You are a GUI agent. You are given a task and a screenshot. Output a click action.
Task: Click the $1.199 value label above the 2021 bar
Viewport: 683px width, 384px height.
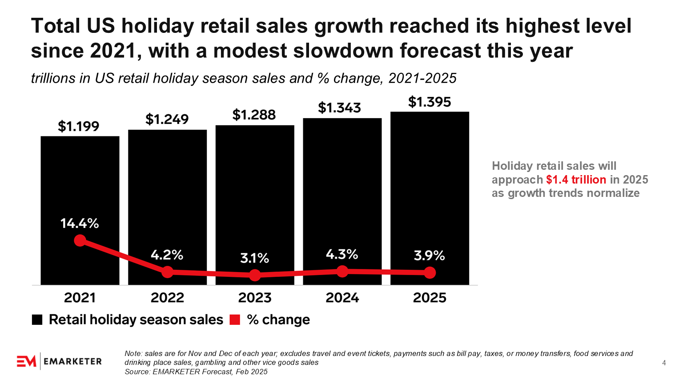(x=79, y=127)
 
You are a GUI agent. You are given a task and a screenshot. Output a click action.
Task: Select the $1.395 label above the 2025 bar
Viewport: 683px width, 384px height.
(x=430, y=102)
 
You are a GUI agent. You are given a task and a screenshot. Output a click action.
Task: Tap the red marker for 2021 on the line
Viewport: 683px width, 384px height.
(x=80, y=240)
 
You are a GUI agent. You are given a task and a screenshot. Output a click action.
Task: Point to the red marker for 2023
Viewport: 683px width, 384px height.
(x=255, y=276)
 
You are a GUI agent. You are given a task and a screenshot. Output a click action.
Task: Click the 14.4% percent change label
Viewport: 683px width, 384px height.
(x=80, y=223)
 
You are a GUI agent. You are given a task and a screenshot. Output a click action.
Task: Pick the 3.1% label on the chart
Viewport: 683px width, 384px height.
(x=255, y=258)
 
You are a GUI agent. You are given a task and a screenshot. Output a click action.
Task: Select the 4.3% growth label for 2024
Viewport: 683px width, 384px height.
(x=342, y=254)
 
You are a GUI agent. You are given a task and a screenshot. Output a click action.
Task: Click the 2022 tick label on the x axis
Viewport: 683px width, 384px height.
(x=167, y=298)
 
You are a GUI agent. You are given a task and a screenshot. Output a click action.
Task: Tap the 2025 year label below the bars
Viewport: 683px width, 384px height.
(x=430, y=298)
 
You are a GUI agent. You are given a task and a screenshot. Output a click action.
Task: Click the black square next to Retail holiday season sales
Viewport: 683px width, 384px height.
(x=37, y=320)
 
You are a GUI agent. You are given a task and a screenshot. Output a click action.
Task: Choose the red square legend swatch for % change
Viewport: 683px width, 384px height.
(x=235, y=320)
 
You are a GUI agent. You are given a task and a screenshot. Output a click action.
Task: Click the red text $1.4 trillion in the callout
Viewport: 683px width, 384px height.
(x=576, y=180)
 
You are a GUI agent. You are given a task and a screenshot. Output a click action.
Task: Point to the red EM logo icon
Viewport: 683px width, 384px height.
(x=26, y=361)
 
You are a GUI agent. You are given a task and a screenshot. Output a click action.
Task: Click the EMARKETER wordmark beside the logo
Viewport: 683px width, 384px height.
(x=73, y=361)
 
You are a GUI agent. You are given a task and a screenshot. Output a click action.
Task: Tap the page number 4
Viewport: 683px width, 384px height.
(x=664, y=363)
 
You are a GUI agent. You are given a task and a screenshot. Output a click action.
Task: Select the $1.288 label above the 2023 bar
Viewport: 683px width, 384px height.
(x=254, y=115)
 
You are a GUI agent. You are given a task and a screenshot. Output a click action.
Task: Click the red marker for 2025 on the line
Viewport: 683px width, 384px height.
(x=430, y=273)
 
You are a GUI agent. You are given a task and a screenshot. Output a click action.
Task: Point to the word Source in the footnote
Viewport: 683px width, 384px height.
(x=137, y=372)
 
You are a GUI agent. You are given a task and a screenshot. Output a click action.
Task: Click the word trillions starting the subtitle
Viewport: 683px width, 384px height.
(x=53, y=79)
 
